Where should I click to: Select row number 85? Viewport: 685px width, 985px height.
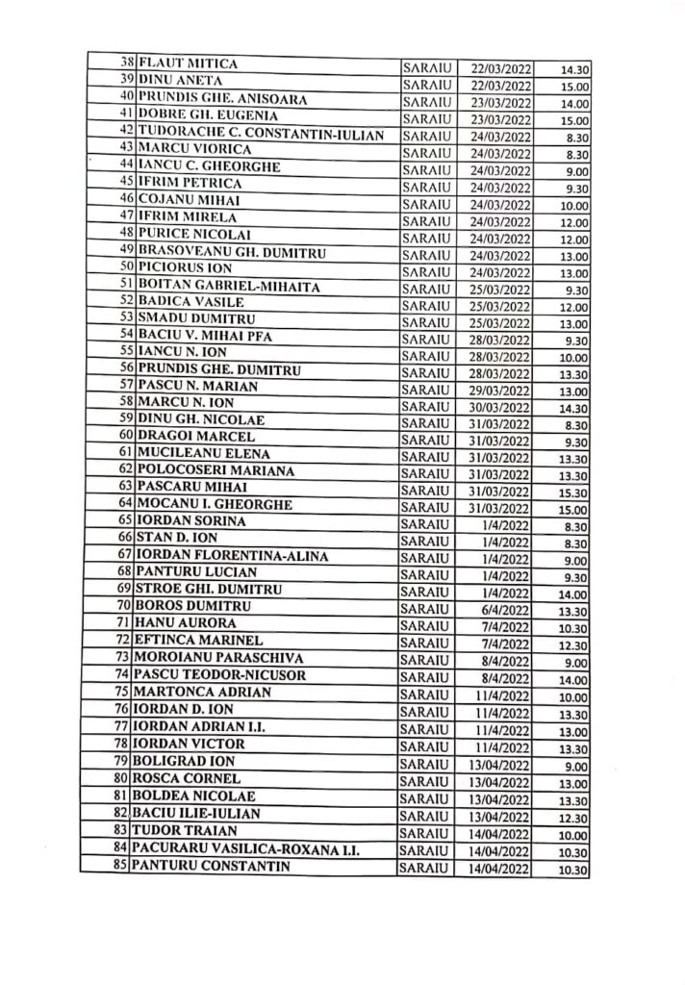[120, 868]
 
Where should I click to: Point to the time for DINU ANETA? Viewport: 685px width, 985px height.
[574, 87]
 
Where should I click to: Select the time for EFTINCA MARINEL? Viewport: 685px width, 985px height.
[574, 646]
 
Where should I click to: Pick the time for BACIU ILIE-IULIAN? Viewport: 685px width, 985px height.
[574, 818]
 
